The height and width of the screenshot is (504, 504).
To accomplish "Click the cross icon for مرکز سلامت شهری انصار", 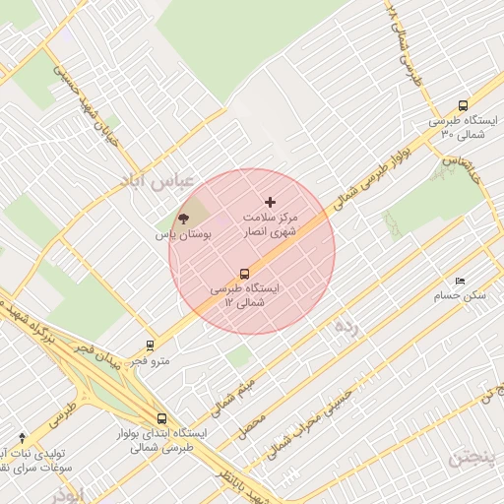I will pos(271,202).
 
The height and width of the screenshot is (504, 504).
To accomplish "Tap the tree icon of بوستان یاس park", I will pos(183,219).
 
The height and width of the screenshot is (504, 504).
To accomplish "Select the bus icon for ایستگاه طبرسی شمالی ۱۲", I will pos(244,274).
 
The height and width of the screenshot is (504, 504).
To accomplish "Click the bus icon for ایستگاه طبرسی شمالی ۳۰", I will pos(463,105).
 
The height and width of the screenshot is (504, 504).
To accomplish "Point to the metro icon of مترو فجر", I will pos(150,346).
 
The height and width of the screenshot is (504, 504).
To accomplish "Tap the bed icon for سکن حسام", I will pos(460,281).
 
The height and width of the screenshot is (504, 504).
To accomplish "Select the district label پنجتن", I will pos(474,458).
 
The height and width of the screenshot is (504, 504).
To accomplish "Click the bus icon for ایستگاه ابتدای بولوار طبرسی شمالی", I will pos(161,418).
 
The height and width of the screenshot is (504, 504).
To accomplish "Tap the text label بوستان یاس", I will pos(177,236).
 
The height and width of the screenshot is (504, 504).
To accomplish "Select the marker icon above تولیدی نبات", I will pos(22,437).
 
